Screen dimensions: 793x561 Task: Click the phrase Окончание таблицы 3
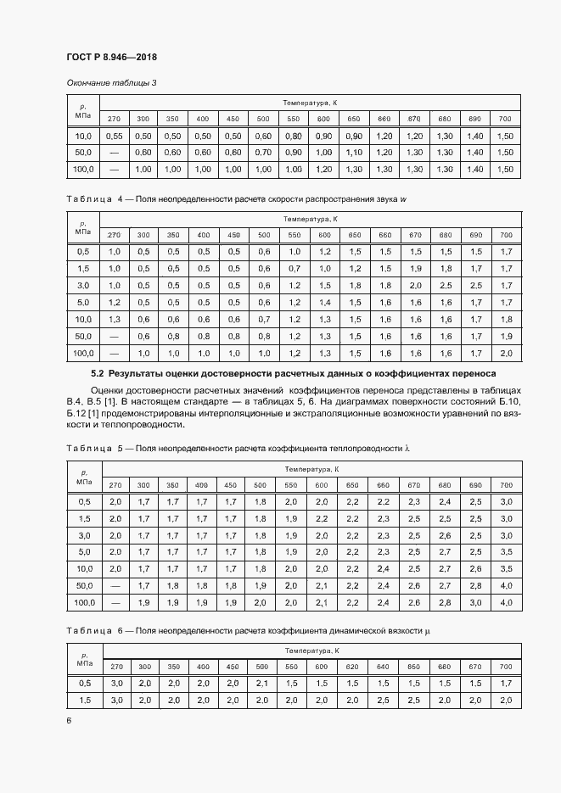tap(111, 82)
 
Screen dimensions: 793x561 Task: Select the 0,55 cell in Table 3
tap(115, 136)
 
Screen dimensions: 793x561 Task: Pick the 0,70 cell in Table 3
tap(264, 153)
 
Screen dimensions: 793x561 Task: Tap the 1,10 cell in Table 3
tap(354, 153)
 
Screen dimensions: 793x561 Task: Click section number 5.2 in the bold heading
tap(97, 373)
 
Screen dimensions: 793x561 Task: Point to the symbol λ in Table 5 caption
tap(407, 447)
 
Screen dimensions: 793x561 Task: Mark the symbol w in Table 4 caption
tap(404, 198)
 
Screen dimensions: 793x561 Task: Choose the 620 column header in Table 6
tap(354, 667)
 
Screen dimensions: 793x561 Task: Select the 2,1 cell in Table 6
tap(264, 684)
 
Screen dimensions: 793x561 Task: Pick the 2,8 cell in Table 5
tap(446, 602)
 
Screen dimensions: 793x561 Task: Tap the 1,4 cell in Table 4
tap(323, 302)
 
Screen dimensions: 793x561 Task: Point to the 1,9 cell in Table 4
tap(415, 268)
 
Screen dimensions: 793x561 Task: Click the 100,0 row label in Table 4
tap(83, 353)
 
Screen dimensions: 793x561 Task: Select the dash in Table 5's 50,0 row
tap(115, 585)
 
